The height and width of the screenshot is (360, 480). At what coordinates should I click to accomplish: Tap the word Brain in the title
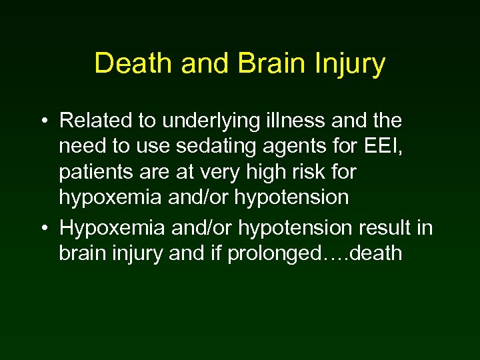[259, 64]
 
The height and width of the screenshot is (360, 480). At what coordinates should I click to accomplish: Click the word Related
[91, 121]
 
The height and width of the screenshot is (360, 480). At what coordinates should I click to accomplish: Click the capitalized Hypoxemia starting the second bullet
[110, 229]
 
